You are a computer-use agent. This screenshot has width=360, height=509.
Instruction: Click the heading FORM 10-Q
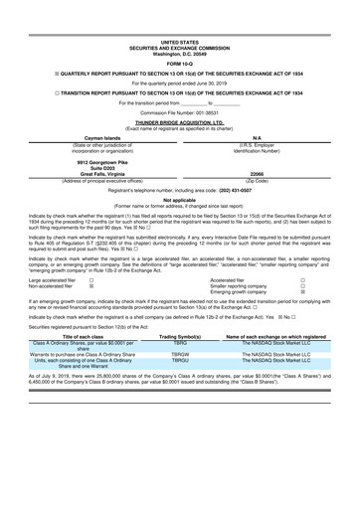coord(180,38)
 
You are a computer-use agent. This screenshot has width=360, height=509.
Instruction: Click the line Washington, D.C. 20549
coord(180,26)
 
